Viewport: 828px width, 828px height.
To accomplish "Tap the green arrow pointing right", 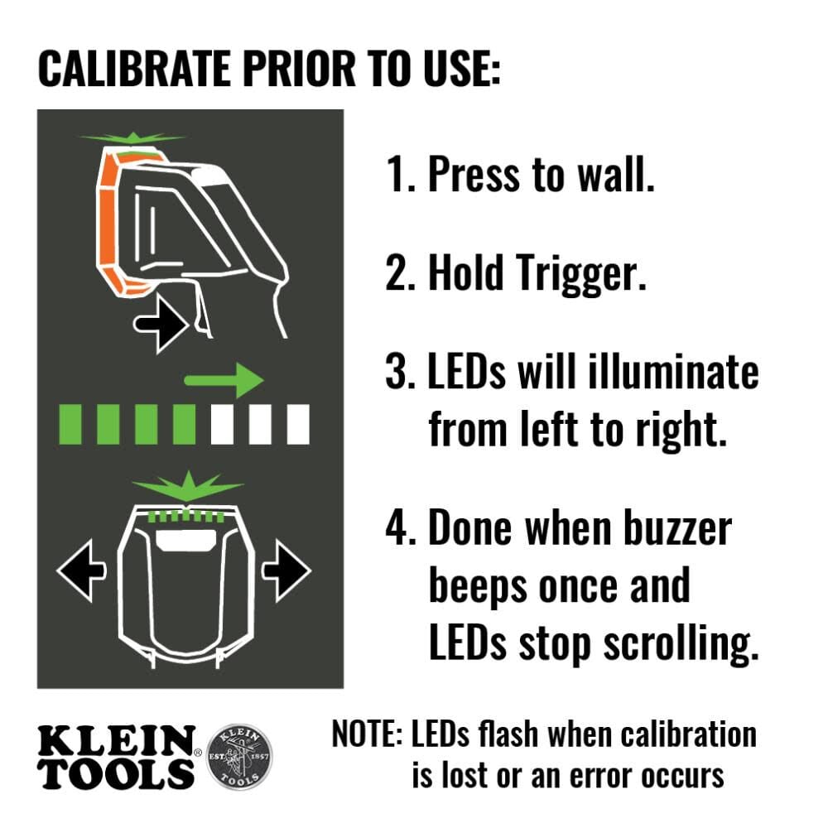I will (x=223, y=379).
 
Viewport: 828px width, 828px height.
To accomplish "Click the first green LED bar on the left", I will (x=70, y=425).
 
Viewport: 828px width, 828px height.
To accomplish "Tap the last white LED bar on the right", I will (x=297, y=425).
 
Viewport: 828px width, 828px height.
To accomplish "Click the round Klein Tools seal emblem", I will (x=238, y=756).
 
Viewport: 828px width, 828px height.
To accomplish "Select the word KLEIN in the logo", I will (x=116, y=740).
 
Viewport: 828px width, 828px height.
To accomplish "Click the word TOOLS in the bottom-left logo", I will (x=116, y=773).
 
